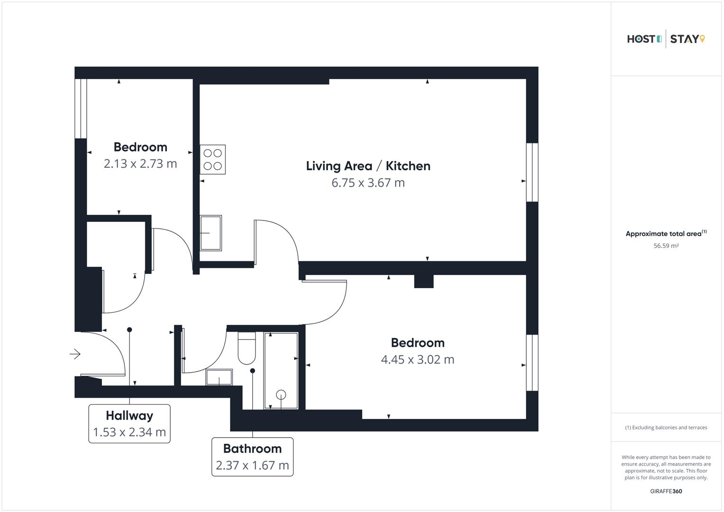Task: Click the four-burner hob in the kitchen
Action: (x=212, y=159)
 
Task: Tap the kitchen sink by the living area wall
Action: (x=211, y=233)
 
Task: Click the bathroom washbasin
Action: (x=219, y=377)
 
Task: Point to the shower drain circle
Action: (x=281, y=394)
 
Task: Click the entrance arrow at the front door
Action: (x=75, y=354)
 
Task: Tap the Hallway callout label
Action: (x=129, y=423)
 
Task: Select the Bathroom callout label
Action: (x=252, y=457)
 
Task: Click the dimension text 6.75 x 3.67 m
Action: (x=368, y=183)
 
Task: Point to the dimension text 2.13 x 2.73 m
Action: (x=140, y=164)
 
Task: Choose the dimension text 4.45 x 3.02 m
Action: (x=417, y=360)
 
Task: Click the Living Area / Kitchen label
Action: (x=368, y=166)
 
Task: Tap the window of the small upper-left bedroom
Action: (x=81, y=109)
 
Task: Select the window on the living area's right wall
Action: (x=532, y=172)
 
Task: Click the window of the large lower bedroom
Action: (x=532, y=363)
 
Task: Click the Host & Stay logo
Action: (x=666, y=39)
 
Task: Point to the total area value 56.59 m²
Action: (x=666, y=246)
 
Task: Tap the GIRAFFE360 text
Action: (x=666, y=491)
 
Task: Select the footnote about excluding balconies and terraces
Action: (x=666, y=428)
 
